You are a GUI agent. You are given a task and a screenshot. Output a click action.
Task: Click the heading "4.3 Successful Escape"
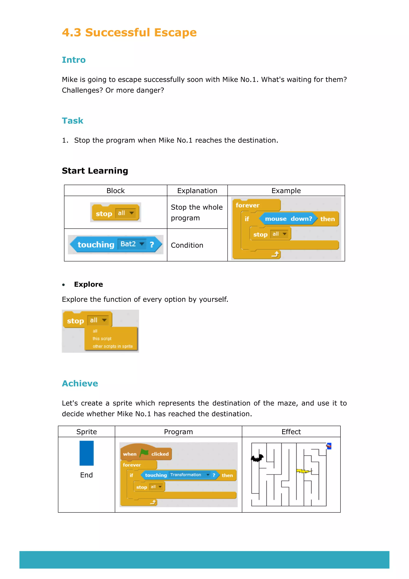click(x=129, y=33)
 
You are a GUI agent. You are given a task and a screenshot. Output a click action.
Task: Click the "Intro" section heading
click(x=74, y=60)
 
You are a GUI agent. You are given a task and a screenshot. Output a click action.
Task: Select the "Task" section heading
click(x=72, y=121)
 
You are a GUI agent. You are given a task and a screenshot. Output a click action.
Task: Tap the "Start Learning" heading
click(x=95, y=171)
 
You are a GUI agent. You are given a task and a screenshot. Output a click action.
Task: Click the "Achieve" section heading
click(x=80, y=383)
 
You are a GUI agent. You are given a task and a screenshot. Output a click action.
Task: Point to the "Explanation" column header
click(x=197, y=191)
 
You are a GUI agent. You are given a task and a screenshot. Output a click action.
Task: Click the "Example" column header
click(x=286, y=191)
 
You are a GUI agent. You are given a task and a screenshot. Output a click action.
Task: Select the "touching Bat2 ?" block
click(x=116, y=244)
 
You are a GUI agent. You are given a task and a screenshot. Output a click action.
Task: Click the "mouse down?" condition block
click(x=288, y=219)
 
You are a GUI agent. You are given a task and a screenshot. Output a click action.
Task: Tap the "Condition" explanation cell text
click(x=187, y=245)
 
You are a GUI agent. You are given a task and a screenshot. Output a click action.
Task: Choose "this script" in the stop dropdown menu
click(x=102, y=339)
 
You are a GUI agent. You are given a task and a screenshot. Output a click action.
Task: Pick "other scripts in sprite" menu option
click(x=113, y=346)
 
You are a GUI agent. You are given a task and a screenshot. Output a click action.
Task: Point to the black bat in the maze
click(x=257, y=458)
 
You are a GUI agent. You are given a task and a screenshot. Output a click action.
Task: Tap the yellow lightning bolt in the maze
click(x=304, y=471)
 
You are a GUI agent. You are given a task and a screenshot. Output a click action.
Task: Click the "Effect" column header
click(x=291, y=432)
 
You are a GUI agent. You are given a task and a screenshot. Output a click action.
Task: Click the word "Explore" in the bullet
click(x=88, y=284)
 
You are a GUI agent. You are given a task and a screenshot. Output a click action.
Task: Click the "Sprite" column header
click(x=86, y=432)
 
